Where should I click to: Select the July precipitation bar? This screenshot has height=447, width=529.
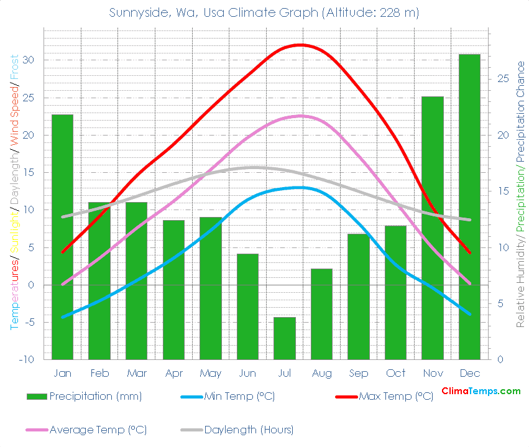click(284, 338)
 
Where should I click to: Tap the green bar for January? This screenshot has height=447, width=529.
click(62, 237)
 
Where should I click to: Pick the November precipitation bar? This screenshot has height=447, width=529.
click(433, 228)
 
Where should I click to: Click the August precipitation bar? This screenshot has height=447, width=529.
click(321, 314)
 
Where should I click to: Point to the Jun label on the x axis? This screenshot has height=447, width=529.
click(247, 373)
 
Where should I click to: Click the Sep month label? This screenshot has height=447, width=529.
click(358, 373)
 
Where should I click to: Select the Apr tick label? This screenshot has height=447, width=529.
click(173, 373)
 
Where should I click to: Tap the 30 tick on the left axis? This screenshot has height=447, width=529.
click(29, 60)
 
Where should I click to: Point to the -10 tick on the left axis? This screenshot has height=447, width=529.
click(26, 360)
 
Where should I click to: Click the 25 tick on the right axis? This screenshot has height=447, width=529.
click(503, 79)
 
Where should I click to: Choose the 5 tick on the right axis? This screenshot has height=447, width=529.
click(500, 304)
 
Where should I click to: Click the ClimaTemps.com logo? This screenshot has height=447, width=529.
click(481, 391)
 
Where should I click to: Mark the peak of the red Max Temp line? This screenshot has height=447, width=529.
click(301, 45)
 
